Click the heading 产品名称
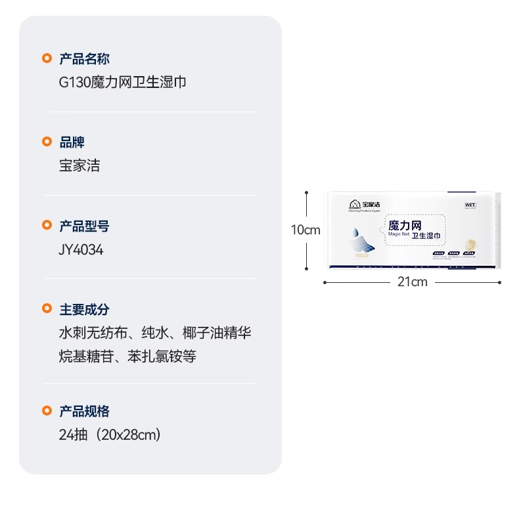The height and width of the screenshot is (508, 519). click(84, 59)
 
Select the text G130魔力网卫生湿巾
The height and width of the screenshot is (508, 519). click(123, 83)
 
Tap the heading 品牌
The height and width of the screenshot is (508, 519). click(72, 142)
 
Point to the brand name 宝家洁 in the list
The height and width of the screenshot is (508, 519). click(79, 166)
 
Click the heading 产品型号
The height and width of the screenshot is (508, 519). click(84, 226)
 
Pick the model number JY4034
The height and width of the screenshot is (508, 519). click(81, 250)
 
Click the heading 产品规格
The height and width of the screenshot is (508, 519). click(84, 412)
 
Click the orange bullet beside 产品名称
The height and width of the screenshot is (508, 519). click(47, 59)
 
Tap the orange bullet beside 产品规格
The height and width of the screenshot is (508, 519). click(47, 412)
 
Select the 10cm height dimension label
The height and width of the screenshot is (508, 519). click(305, 230)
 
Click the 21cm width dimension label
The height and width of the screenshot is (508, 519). click(412, 282)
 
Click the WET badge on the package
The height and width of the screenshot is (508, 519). click(470, 205)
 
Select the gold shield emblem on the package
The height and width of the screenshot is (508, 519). click(470, 245)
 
